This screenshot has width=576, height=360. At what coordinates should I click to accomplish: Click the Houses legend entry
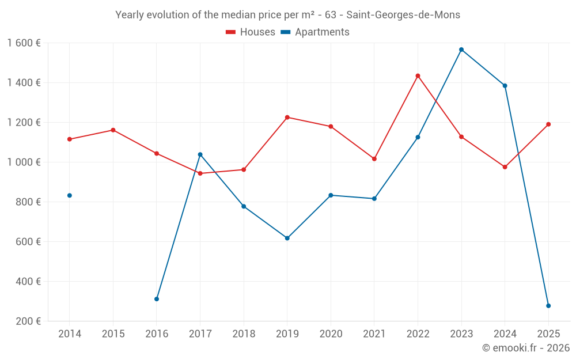(251, 32)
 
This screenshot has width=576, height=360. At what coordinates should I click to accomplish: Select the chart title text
(287, 15)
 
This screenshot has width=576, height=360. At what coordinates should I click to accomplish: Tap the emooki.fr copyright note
(525, 347)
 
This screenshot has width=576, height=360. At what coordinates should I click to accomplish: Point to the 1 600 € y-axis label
(24, 43)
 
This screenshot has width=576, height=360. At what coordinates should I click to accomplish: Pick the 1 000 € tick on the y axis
(24, 162)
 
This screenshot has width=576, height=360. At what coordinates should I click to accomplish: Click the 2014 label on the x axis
(70, 334)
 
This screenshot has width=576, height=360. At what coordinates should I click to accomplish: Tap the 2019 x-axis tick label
(287, 334)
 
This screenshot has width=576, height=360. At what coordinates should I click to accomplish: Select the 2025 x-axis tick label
(548, 334)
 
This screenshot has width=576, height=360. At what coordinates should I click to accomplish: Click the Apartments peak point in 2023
(461, 50)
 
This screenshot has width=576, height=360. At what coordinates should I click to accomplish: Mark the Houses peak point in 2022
(418, 76)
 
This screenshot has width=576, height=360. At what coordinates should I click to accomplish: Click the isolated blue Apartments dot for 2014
(70, 195)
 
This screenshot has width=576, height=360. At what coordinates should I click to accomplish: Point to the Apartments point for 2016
(157, 299)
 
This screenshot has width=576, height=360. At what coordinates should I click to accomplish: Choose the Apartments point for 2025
(548, 306)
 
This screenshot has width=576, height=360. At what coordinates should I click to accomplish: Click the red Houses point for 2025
(548, 124)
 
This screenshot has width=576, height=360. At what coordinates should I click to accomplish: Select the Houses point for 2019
(287, 118)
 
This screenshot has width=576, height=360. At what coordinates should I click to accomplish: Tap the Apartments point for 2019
(287, 238)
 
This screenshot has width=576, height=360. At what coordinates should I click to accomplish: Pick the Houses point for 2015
(113, 130)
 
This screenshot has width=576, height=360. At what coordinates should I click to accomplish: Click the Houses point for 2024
(505, 167)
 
